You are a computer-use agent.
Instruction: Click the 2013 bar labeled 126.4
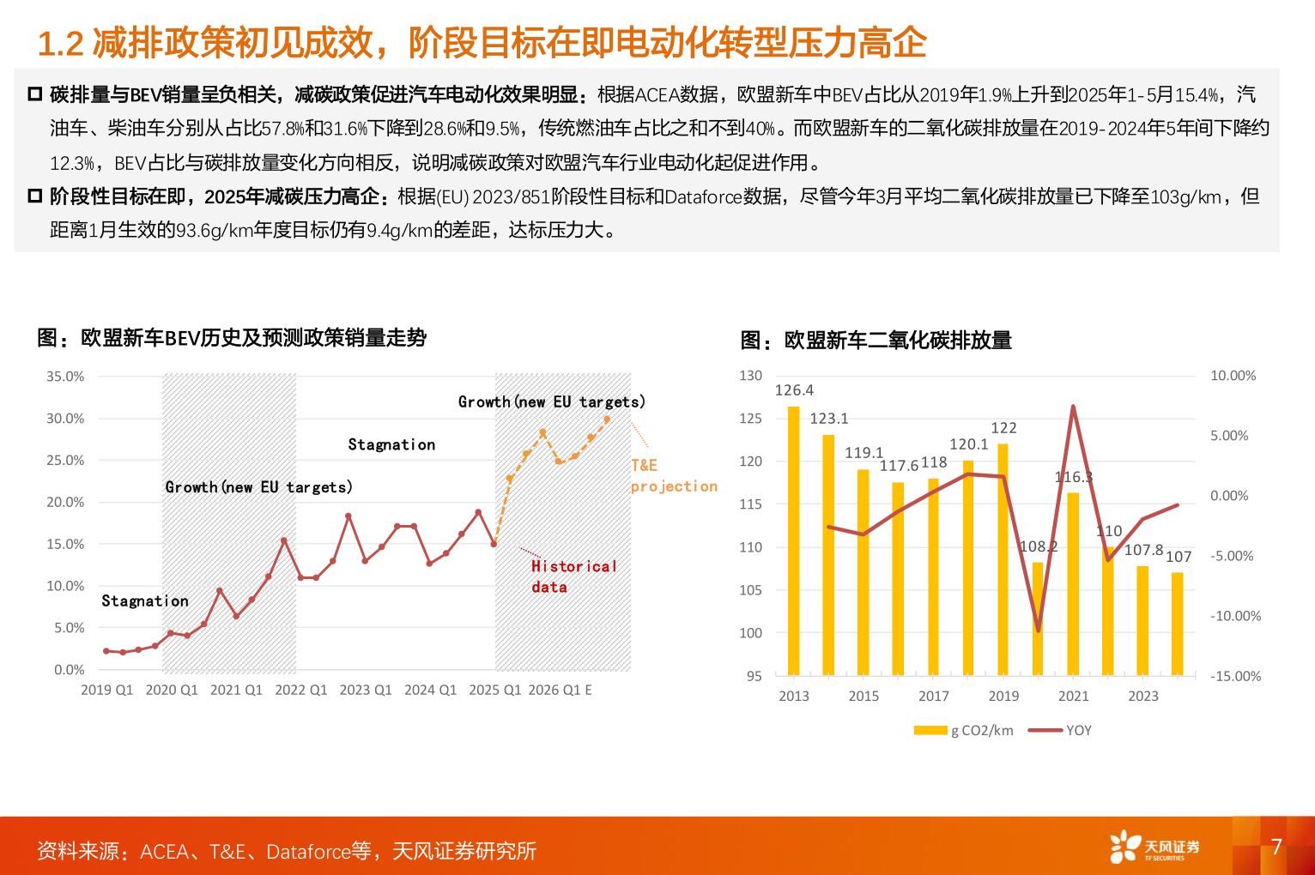pos(793,540)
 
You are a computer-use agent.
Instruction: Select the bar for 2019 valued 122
pos(1003,558)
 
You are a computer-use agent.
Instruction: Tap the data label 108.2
pos(1039,546)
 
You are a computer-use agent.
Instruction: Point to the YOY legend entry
pos(1061,731)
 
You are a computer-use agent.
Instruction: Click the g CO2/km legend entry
pos(965,731)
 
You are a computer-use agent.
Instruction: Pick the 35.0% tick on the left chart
pos(65,377)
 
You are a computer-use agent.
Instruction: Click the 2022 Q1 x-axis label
pos(300,690)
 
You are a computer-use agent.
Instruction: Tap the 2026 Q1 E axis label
pos(560,690)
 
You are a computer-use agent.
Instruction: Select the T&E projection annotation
pos(673,476)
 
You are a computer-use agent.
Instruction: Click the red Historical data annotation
pos(573,576)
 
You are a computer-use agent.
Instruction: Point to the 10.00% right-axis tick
pos(1233,376)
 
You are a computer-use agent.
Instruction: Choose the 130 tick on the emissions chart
pos(750,376)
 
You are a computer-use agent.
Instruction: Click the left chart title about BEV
pos(232,338)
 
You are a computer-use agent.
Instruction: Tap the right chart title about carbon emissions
pos(876,341)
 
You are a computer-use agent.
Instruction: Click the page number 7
pos(1276,847)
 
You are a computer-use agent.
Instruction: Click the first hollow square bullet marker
pos(35,94)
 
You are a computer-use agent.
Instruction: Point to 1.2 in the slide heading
pos(60,44)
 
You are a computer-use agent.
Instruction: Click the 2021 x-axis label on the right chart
pos(1073,697)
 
